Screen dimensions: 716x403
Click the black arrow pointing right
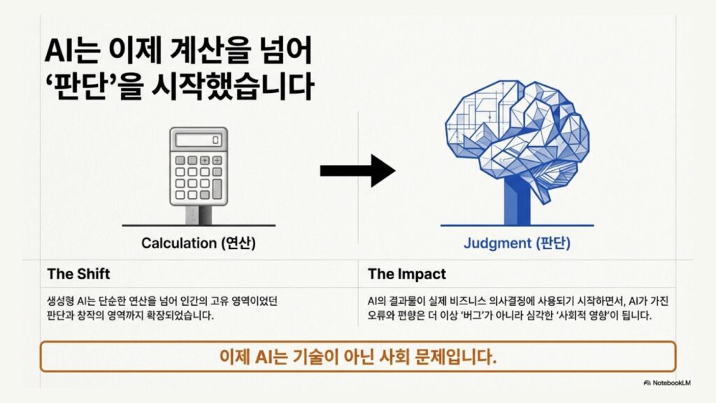tap(357, 171)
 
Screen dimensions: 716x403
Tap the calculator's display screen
tap(199, 140)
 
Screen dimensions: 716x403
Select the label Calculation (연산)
tap(198, 243)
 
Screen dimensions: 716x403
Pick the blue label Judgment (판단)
tap(517, 243)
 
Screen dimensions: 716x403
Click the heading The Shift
tap(78, 274)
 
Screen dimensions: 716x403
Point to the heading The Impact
tap(407, 274)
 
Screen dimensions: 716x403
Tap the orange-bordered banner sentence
tap(358, 356)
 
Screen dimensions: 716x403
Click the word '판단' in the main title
tap(80, 85)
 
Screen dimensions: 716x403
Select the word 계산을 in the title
tap(210, 50)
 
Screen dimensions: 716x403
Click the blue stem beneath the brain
tap(517, 201)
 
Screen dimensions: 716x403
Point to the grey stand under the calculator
tap(199, 215)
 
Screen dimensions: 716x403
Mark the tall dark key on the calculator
tap(217, 189)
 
